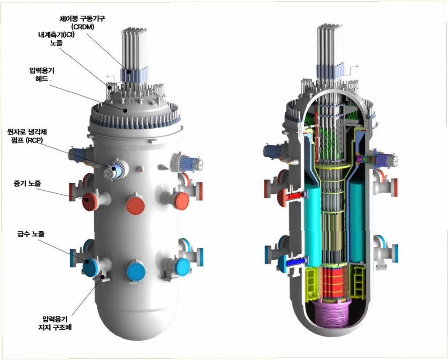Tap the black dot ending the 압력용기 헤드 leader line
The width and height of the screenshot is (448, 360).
coord(125,110)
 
